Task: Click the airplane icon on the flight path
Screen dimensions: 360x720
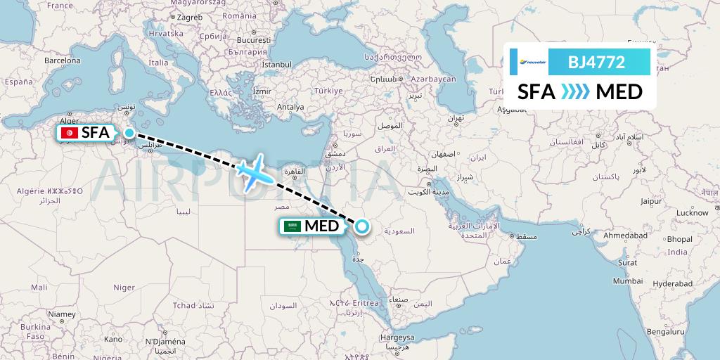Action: point(254,171)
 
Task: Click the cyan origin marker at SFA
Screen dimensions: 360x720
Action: point(129,132)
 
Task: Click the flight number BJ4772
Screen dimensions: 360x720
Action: point(596,62)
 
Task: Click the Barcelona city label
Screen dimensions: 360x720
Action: point(63,60)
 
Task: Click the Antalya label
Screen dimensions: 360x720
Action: point(290,107)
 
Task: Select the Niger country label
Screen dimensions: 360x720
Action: point(124,287)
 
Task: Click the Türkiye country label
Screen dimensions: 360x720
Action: point(328,91)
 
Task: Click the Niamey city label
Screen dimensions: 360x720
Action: point(61,314)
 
